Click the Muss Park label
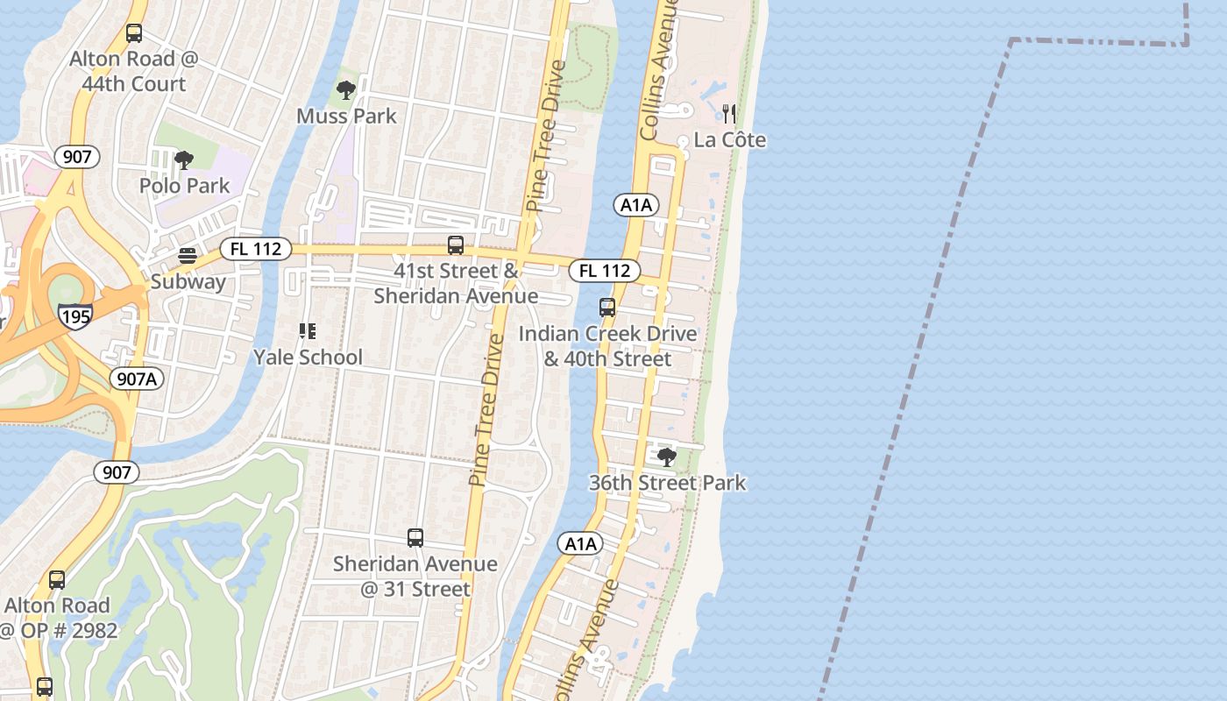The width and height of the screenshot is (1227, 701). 346,116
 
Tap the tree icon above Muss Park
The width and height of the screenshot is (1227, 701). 346,89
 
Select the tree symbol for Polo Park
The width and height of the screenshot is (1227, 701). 184,159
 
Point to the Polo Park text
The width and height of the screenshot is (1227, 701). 184,186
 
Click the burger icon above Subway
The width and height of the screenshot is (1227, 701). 188,256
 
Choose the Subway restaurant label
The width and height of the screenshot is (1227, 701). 188,281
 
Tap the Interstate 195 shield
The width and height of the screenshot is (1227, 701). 75,315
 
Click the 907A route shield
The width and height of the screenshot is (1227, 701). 138,379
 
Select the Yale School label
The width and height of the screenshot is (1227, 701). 308,357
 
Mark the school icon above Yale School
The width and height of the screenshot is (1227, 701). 308,331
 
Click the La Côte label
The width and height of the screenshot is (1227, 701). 729,140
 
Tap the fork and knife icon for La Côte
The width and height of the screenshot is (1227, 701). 729,114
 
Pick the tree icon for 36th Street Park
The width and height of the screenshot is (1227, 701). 667,457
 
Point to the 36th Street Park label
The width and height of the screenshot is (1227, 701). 667,483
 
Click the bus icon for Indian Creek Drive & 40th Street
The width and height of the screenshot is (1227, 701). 607,308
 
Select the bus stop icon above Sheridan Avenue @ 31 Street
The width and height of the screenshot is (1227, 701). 415,537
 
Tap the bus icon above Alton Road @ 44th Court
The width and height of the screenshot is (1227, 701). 134,33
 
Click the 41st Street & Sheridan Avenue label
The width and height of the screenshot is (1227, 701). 456,283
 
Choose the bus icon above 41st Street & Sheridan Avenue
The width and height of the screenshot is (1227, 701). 456,245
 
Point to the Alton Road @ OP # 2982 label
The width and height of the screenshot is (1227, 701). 57,618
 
